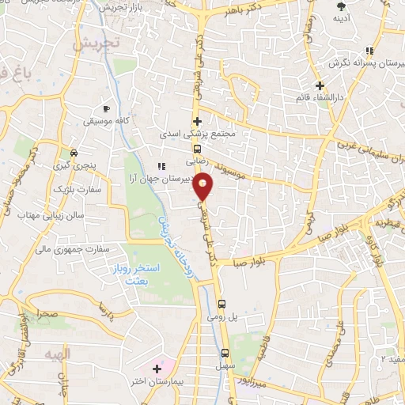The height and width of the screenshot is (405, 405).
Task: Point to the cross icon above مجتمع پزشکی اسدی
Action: point(197,121)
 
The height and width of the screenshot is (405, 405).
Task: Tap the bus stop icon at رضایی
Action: point(198,148)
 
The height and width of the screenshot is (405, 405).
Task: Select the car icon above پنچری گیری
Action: point(73,153)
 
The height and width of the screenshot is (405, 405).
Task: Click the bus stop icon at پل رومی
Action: point(222,302)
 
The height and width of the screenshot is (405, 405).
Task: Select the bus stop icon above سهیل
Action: point(225,354)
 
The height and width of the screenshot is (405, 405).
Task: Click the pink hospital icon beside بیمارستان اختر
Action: point(157,369)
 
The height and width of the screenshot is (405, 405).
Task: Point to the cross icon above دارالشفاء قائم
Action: point(320,85)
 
